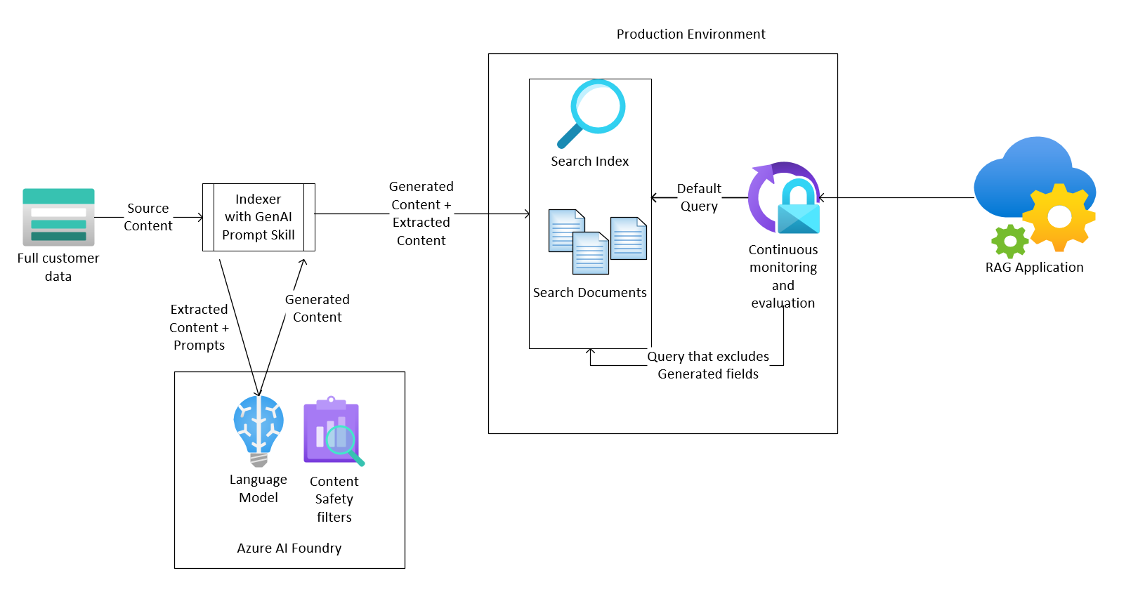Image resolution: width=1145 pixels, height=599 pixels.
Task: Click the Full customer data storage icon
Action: pos(58,217)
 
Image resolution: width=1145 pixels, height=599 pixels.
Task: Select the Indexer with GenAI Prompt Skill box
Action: pos(259,217)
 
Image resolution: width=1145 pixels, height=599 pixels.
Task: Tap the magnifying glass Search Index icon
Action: pos(591,113)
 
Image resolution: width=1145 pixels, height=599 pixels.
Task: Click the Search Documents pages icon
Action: pos(597,241)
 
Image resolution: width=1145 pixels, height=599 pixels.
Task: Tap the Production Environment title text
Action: pos(691,34)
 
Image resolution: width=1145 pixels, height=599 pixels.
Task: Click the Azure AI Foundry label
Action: pos(289,548)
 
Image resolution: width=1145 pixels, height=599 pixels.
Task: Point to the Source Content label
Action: pos(148,217)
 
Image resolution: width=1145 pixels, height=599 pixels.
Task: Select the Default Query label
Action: pos(699,197)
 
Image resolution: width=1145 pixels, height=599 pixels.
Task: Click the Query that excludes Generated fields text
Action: pos(708,365)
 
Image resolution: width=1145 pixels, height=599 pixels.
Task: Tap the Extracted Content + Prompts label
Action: pos(199,327)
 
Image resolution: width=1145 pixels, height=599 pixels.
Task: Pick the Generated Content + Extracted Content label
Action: pos(421,213)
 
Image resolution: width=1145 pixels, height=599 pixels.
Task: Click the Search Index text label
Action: pos(590,161)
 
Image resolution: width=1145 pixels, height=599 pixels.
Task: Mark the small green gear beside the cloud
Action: pos(1010,242)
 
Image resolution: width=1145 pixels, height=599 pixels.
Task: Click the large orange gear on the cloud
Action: pos(1059,217)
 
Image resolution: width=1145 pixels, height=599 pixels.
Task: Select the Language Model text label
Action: pos(259,488)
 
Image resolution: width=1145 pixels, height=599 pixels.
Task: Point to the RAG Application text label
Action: pos(1034,267)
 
